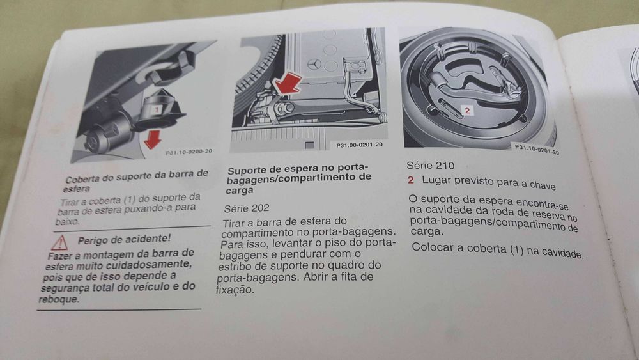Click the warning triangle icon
coord(59,242)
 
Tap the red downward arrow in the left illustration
coord(152,139)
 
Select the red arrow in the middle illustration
coord(287,85)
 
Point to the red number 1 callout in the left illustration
coord(155,110)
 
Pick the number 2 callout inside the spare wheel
coord(467,111)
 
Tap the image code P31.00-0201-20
coord(359,145)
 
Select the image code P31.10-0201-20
coord(537,150)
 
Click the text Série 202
coord(247,208)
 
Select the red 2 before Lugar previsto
coord(412,180)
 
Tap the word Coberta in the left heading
coord(85,180)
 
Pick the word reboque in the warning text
coord(58,299)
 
